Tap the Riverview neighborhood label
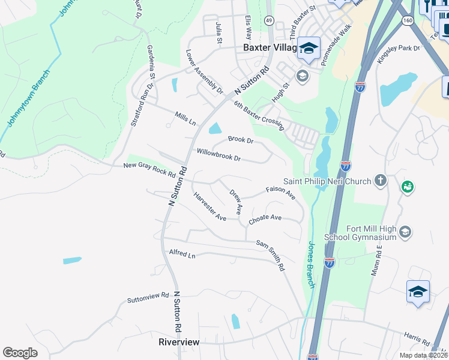[x=178, y=342]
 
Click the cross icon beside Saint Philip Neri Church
[x=379, y=180]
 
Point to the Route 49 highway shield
[x=269, y=20]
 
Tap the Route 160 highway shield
[x=408, y=20]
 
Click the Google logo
[x=20, y=352]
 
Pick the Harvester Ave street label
[x=209, y=207]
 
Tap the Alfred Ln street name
[x=182, y=254]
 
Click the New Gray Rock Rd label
[x=149, y=169]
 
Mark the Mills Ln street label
[x=185, y=118]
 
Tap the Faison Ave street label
[x=281, y=191]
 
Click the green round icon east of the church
[x=408, y=187]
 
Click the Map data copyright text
[x=423, y=355]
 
